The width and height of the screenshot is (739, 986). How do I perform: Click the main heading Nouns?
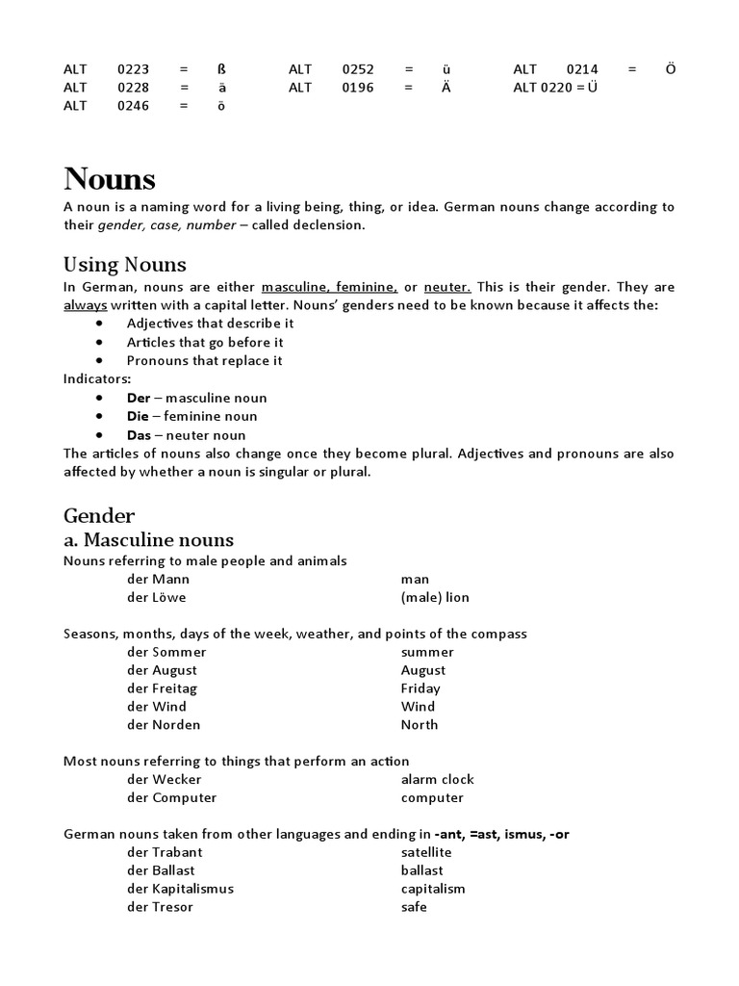coord(109,179)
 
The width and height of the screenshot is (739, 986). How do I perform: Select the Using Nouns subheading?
coord(124,264)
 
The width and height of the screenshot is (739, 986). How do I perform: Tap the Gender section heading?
coord(99,515)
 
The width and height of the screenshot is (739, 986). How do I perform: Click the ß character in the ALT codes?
coord(222,69)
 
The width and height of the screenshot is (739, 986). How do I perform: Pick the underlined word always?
coord(85,305)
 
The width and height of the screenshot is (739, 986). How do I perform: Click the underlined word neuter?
coord(447,287)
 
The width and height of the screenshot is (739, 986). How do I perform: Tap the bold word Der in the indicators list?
coord(139,398)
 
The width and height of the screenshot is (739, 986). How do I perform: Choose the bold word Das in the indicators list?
coord(140,434)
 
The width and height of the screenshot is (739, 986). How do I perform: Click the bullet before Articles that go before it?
coord(100,342)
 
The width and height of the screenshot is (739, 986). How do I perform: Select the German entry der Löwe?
coord(156,597)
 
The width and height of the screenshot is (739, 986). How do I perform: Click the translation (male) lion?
coord(435,597)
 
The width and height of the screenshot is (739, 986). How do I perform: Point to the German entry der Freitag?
coord(162,688)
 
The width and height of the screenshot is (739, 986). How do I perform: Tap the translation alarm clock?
coord(437,779)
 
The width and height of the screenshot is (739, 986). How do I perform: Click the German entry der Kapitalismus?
coord(180,889)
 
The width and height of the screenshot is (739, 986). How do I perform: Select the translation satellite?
coord(425,852)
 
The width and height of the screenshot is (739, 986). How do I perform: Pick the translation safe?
coord(414,907)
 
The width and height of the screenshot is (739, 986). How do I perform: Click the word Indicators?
coord(97,379)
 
